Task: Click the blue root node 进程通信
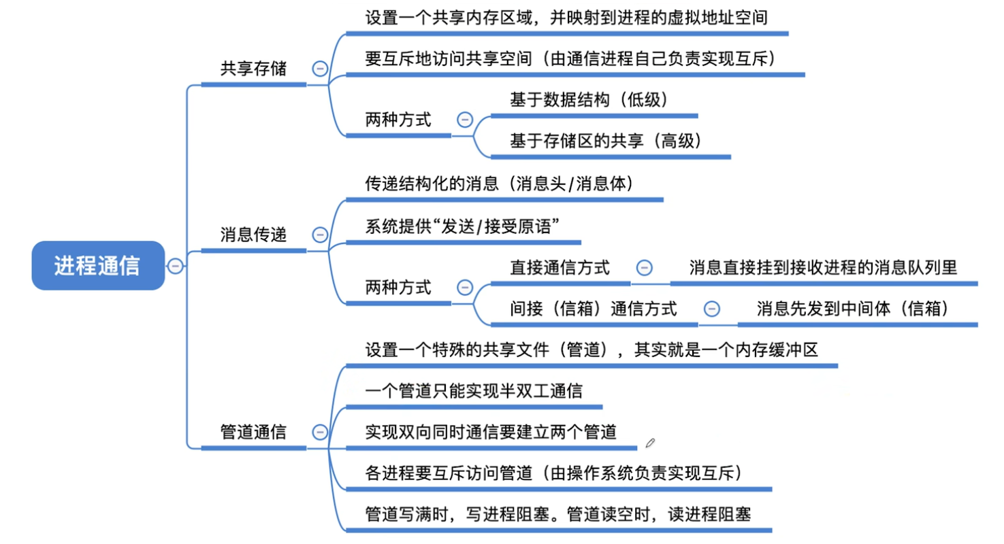[98, 266]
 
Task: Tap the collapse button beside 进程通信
[175, 266]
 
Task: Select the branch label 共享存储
[254, 69]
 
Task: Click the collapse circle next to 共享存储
[319, 68]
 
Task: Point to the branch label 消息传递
[254, 235]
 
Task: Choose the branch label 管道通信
[254, 432]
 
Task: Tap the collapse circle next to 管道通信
[319, 432]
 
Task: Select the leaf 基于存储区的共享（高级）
[606, 141]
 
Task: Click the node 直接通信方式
[560, 267]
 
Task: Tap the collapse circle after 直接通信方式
[643, 267]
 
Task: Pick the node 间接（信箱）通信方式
[594, 309]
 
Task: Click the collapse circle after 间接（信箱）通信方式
[711, 309]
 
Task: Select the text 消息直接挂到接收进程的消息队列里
[823, 267]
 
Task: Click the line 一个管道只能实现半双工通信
[474, 391]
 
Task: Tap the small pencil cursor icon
[650, 443]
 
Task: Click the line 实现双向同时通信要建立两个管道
[491, 432]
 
